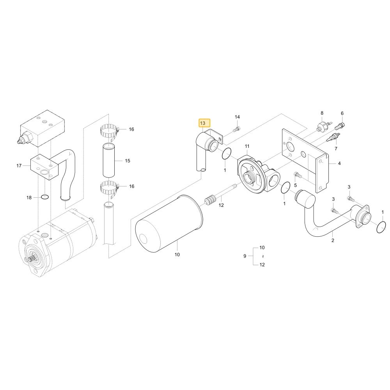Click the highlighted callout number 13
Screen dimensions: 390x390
203,123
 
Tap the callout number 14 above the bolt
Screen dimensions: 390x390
237,117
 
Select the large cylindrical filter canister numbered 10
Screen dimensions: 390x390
169,223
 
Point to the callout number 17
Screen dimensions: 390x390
19,165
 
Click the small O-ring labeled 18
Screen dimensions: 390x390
45,197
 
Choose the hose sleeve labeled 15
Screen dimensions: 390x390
109,160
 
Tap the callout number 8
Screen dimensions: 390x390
322,113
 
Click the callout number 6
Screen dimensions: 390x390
342,113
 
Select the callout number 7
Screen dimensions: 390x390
336,149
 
